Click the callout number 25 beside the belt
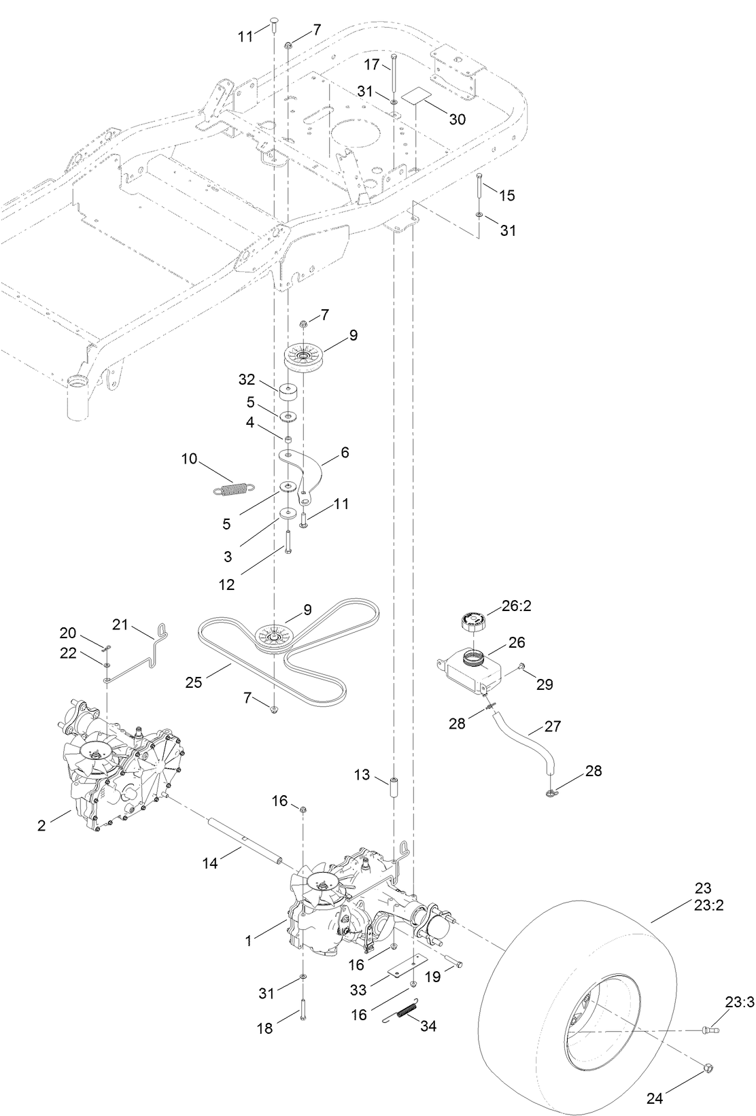(x=194, y=681)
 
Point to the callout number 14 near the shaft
(x=211, y=863)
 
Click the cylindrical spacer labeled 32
(x=288, y=393)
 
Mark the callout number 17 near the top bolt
(x=371, y=65)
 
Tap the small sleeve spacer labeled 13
(x=394, y=791)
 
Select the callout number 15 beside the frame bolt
(x=507, y=195)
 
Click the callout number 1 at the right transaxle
(x=248, y=941)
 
